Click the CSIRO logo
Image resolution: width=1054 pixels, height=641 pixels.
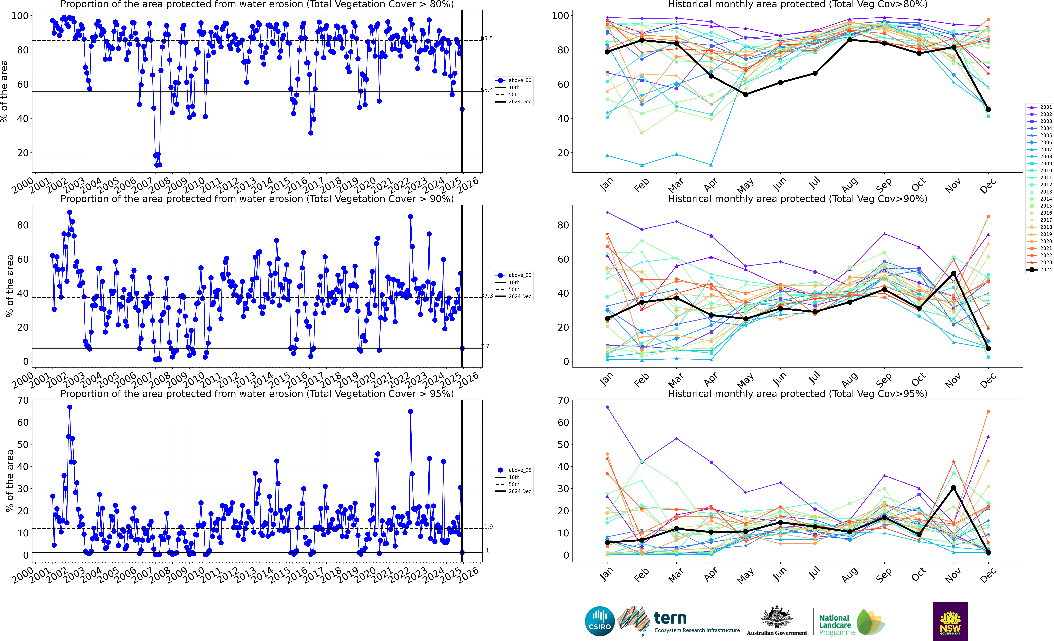coord(600,621)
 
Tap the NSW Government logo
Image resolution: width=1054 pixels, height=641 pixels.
coord(950,621)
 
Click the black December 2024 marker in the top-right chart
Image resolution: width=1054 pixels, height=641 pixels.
coord(988,109)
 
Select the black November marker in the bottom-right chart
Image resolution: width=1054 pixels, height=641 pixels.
coord(953,488)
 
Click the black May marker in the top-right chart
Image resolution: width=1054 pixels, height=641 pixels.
coord(746,94)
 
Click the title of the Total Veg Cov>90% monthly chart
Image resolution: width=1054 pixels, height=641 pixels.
coord(797,199)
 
